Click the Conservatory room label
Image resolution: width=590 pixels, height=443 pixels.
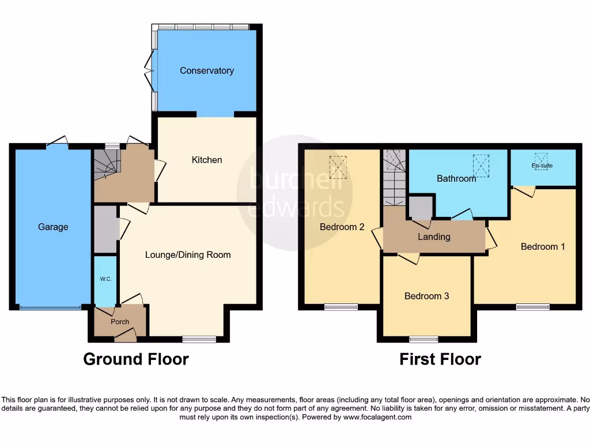pyautogui.click(x=207, y=71)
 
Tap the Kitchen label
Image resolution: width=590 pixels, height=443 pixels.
pyautogui.click(x=207, y=160)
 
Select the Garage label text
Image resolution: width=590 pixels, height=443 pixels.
pyautogui.click(x=53, y=227)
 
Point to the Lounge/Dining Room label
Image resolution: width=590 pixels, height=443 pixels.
pyautogui.click(x=188, y=255)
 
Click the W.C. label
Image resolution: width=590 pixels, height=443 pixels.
pyautogui.click(x=105, y=279)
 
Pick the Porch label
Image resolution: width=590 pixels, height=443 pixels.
pyautogui.click(x=120, y=322)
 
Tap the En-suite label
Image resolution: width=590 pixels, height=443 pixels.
pyautogui.click(x=542, y=166)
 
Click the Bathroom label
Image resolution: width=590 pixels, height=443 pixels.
pyautogui.click(x=456, y=179)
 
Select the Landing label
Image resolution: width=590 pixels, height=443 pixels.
pyautogui.click(x=434, y=237)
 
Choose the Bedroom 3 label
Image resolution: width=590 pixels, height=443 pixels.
pyautogui.click(x=426, y=296)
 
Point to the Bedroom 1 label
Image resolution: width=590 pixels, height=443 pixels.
pyautogui.click(x=543, y=247)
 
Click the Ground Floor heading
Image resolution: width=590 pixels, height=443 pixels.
pyautogui.click(x=136, y=359)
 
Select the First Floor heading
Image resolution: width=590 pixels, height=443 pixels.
pyautogui.click(x=440, y=359)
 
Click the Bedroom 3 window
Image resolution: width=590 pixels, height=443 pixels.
pyautogui.click(x=424, y=339)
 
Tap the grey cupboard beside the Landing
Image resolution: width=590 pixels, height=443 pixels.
pyautogui.click(x=421, y=207)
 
